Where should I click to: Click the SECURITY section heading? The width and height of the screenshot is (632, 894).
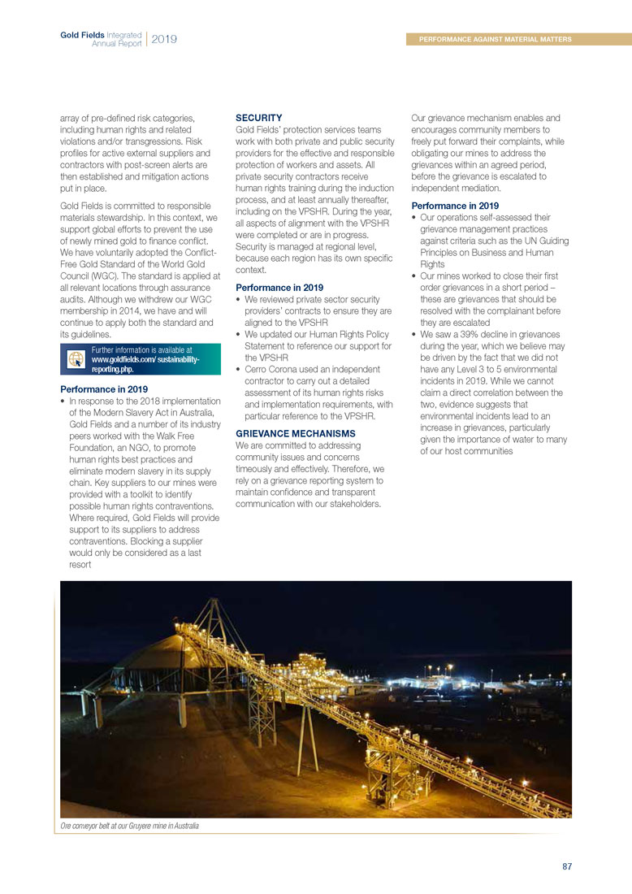coord(258,118)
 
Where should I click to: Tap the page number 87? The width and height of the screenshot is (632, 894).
coord(567,866)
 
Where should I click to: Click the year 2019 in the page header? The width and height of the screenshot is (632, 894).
coord(164,39)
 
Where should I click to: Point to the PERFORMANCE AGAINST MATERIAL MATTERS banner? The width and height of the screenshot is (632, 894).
coord(496,39)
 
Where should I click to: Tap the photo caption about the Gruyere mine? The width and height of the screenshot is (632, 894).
coord(129,826)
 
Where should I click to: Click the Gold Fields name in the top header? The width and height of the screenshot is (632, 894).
coord(83,35)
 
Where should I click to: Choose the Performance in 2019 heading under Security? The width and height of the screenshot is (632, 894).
coord(279,288)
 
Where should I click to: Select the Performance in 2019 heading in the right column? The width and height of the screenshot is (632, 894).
coord(455,206)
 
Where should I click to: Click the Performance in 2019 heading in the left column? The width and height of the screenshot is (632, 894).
coord(104,389)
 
